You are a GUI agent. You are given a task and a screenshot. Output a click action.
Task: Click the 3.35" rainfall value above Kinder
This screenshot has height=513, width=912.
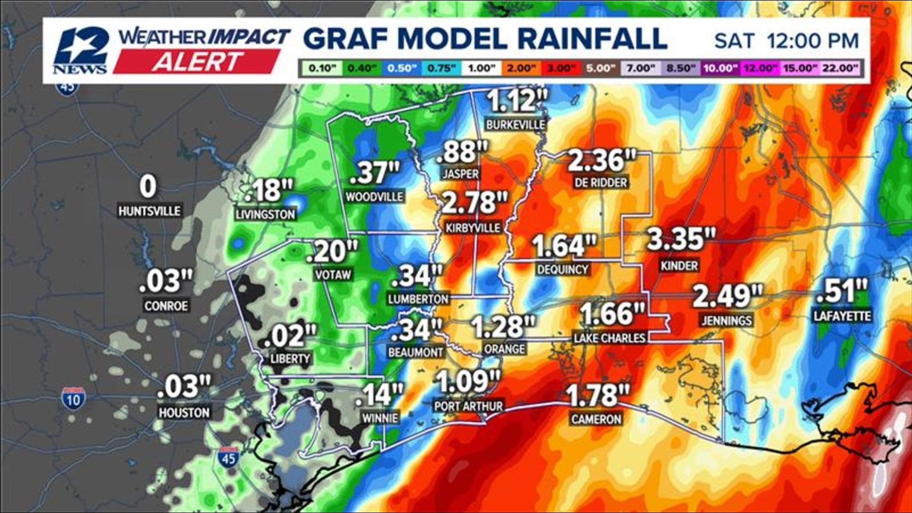(681, 239)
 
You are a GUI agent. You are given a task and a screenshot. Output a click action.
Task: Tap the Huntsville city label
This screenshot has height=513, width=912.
(149, 211)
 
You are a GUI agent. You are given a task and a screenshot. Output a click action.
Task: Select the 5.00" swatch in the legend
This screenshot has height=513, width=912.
(600, 68)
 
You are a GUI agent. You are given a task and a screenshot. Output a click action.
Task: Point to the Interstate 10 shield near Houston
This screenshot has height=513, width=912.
(73, 399)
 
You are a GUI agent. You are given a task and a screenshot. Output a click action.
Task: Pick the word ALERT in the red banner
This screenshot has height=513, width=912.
(197, 62)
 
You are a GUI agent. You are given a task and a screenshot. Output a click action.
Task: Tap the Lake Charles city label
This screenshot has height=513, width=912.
(609, 338)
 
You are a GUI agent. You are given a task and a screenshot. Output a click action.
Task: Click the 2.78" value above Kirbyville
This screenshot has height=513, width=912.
(475, 203)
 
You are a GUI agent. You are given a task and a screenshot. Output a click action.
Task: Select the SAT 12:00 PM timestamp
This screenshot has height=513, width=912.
(786, 41)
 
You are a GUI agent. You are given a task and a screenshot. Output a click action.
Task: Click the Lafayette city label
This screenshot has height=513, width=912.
(842, 316)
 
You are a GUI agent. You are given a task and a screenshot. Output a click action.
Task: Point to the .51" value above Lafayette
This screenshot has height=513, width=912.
(842, 291)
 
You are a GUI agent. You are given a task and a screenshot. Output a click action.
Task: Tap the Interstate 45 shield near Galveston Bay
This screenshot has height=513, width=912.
(228, 457)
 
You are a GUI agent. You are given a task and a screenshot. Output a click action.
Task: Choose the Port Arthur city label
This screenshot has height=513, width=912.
(468, 406)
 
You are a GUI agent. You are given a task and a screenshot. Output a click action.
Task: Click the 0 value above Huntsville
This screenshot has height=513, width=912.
(148, 187)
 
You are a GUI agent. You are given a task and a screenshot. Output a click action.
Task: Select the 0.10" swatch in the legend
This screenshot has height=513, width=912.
(322, 68)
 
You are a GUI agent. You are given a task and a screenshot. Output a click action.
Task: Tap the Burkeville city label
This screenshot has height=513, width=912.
(515, 125)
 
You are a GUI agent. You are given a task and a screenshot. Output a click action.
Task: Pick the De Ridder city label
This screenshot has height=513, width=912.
(600, 182)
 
